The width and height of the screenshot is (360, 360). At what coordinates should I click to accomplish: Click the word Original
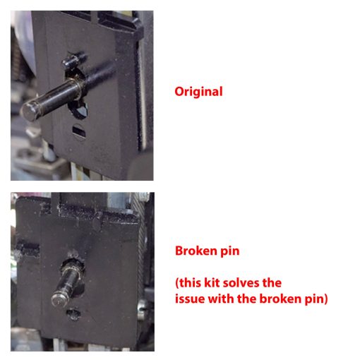(x=198, y=92)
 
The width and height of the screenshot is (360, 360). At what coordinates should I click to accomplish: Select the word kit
(x=212, y=282)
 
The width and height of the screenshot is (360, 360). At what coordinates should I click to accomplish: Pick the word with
(x=221, y=299)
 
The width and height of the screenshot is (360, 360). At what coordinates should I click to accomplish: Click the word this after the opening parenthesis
(x=190, y=282)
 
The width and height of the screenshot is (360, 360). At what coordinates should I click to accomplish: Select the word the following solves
(x=272, y=282)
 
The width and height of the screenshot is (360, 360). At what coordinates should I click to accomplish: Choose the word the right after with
(x=246, y=299)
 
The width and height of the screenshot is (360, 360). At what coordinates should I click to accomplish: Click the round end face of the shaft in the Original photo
(x=30, y=112)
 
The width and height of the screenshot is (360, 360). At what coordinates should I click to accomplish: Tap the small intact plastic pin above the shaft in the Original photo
(x=73, y=59)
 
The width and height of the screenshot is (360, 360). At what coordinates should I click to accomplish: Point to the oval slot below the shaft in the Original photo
(x=79, y=131)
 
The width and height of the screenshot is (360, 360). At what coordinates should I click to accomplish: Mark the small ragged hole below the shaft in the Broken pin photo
(x=73, y=313)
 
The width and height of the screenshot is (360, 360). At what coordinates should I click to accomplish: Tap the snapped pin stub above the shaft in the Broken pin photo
(x=75, y=256)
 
